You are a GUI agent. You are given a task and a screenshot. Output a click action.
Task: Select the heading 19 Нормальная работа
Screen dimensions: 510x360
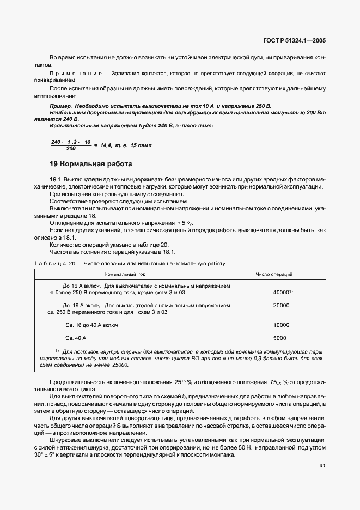coord(90,163)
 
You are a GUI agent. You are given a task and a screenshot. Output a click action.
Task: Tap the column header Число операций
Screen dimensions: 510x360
coord(281,274)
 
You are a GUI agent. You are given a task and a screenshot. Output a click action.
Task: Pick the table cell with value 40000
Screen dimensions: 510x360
coord(282,293)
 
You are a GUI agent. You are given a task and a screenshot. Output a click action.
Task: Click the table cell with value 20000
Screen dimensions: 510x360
coord(281,306)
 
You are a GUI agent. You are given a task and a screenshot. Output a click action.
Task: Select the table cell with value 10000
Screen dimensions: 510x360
coord(281,325)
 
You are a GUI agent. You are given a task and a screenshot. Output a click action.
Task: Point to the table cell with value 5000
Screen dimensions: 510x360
coord(281,338)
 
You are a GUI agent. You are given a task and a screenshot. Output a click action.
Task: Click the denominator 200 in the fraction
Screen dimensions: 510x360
coord(71,148)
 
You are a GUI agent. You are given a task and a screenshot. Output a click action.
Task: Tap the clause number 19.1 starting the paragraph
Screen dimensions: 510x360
coord(56,179)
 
